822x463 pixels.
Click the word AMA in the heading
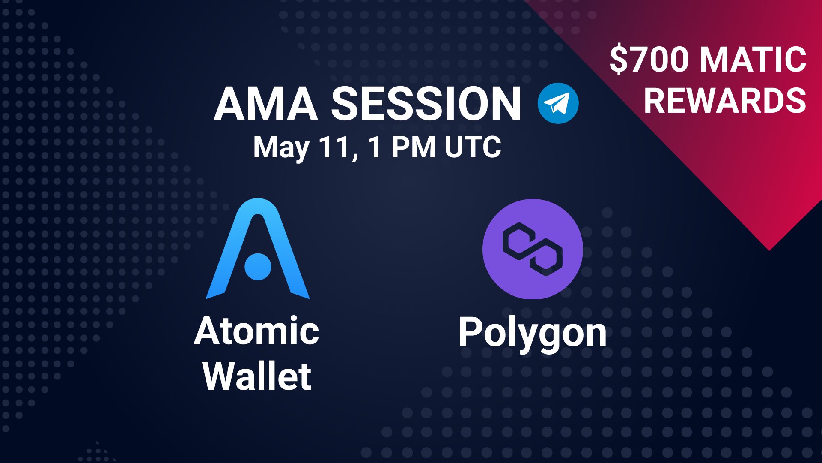[x=265, y=104]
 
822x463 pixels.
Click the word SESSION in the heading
[x=426, y=104]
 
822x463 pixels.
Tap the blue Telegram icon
[x=558, y=103]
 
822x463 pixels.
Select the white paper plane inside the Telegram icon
[x=557, y=103]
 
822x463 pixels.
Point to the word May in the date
[x=281, y=148]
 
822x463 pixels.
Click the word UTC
[x=473, y=147]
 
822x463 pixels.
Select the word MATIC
[x=753, y=60]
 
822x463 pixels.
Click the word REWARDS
[x=725, y=101]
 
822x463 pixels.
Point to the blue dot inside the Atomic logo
[x=258, y=266]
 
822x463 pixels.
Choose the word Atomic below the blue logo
[x=256, y=331]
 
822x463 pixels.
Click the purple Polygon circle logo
[x=533, y=249]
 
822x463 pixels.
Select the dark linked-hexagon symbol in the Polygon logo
[x=533, y=249]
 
